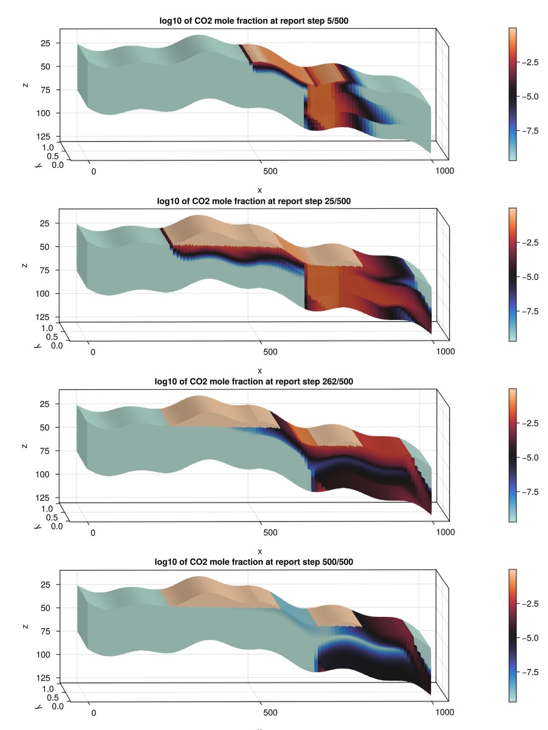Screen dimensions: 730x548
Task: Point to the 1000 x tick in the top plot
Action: click(445, 171)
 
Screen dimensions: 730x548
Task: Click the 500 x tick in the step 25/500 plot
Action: click(269, 352)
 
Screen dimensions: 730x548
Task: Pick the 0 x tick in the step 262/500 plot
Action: click(93, 532)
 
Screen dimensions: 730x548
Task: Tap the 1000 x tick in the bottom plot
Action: click(445, 712)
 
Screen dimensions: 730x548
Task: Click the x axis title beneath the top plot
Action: click(260, 190)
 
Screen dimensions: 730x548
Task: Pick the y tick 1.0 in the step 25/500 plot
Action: click(47, 328)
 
